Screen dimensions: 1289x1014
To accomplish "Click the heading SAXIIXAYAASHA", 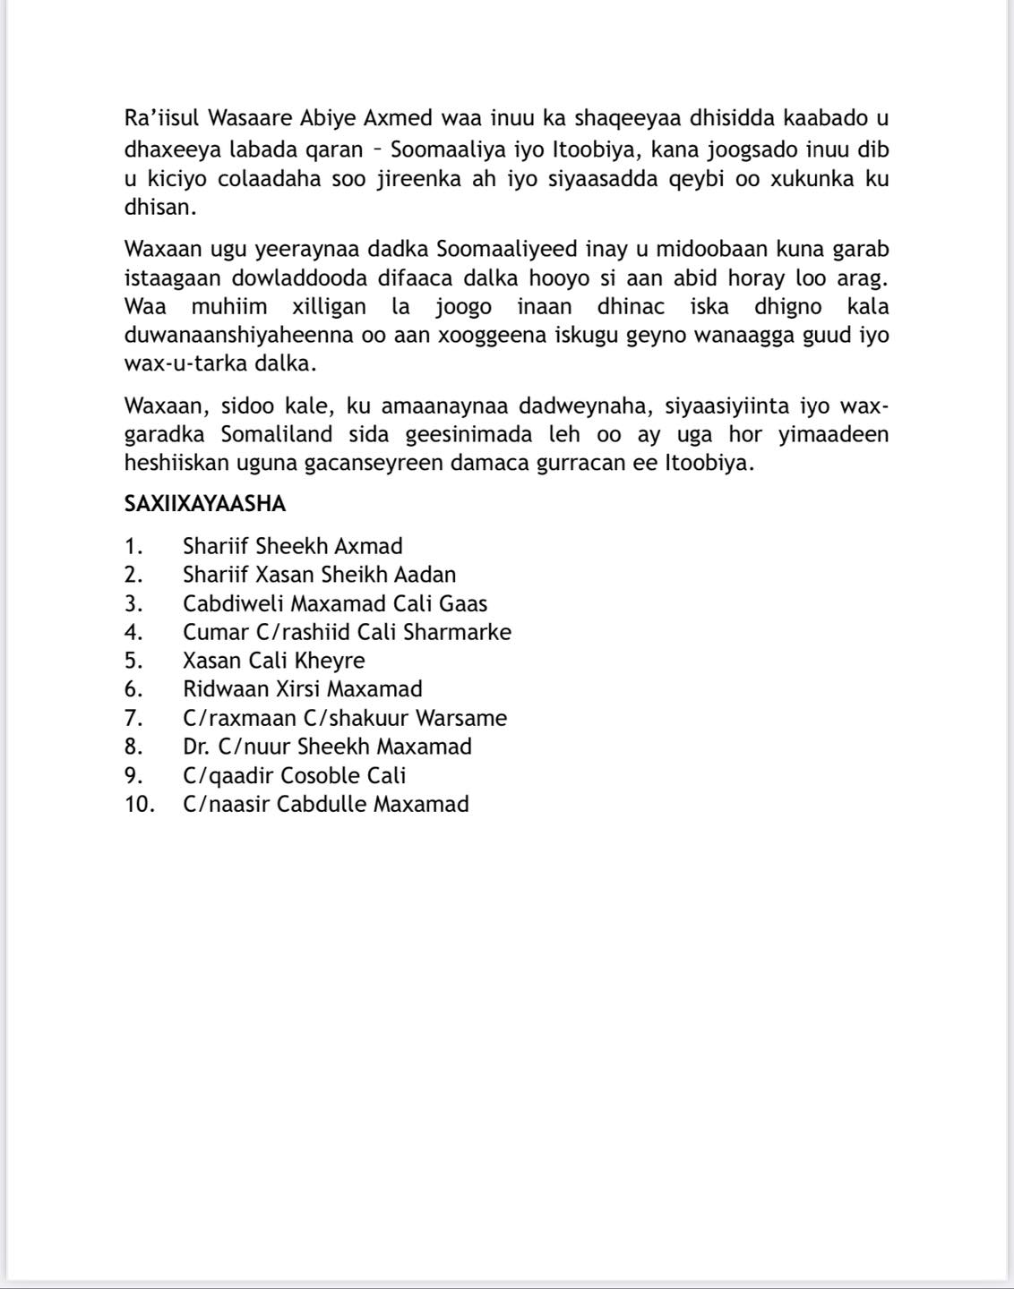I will click(x=205, y=504).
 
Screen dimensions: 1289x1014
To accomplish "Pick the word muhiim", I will click(x=228, y=307).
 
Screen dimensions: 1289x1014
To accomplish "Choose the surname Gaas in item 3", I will click(x=463, y=603).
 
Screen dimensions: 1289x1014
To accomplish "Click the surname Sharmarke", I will click(x=457, y=632).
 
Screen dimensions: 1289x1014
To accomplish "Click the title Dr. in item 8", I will click(x=196, y=747).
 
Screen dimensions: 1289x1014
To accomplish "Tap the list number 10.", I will click(x=139, y=804).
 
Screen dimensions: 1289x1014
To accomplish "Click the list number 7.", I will click(x=133, y=718).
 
